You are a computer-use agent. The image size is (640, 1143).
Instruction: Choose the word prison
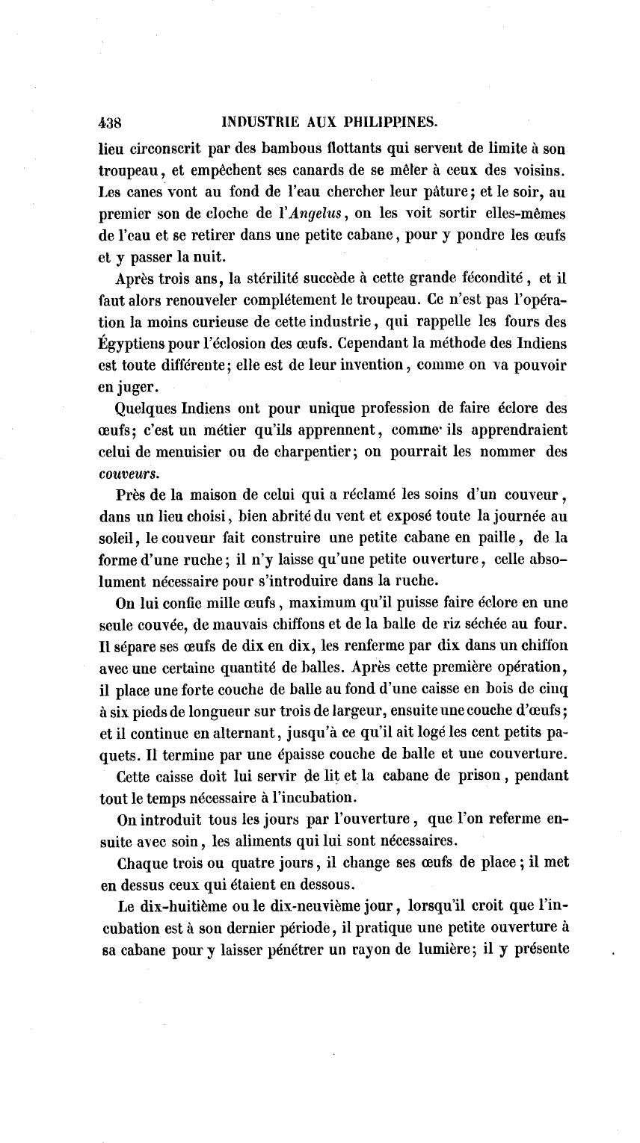click(472, 777)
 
